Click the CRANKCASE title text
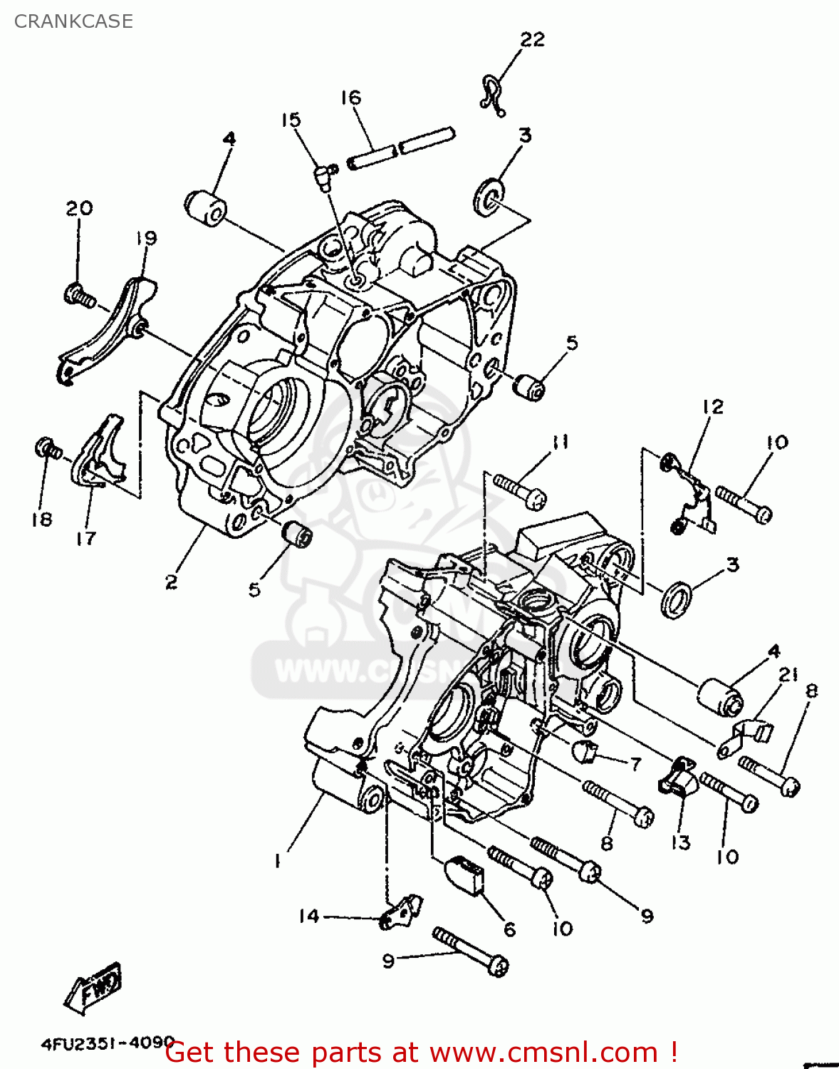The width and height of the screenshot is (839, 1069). pyautogui.click(x=73, y=21)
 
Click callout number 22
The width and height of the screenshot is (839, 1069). pyautogui.click(x=532, y=39)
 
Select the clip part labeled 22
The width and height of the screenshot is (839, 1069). pyautogui.click(x=491, y=95)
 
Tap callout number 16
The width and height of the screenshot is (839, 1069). pyautogui.click(x=350, y=98)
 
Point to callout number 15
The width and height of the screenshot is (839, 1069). pyautogui.click(x=291, y=120)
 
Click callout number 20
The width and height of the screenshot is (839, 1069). pyautogui.click(x=79, y=208)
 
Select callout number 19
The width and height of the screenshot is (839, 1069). pyautogui.click(x=146, y=237)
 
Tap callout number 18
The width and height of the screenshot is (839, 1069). pyautogui.click(x=41, y=520)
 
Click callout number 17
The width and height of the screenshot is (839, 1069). pyautogui.click(x=86, y=538)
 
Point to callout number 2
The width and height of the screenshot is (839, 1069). pyautogui.click(x=171, y=582)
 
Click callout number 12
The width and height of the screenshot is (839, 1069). pyautogui.click(x=712, y=406)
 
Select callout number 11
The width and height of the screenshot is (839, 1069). pyautogui.click(x=561, y=443)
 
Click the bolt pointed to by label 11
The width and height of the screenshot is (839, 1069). pyautogui.click(x=520, y=491)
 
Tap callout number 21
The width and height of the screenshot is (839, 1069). pyautogui.click(x=788, y=674)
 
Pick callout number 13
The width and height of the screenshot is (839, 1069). pyautogui.click(x=680, y=842)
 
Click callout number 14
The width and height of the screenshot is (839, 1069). pyautogui.click(x=309, y=916)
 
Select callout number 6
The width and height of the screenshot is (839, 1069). pyautogui.click(x=509, y=929)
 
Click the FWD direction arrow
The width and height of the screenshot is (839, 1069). pyautogui.click(x=93, y=988)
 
